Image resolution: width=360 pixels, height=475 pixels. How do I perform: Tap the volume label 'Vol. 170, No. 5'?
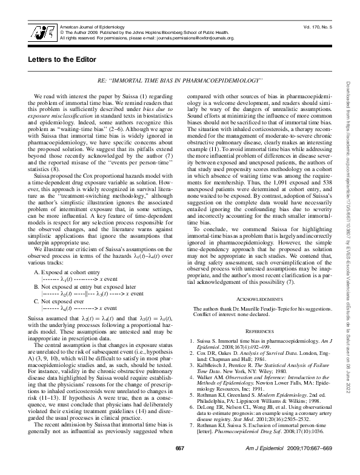point(315,28)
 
